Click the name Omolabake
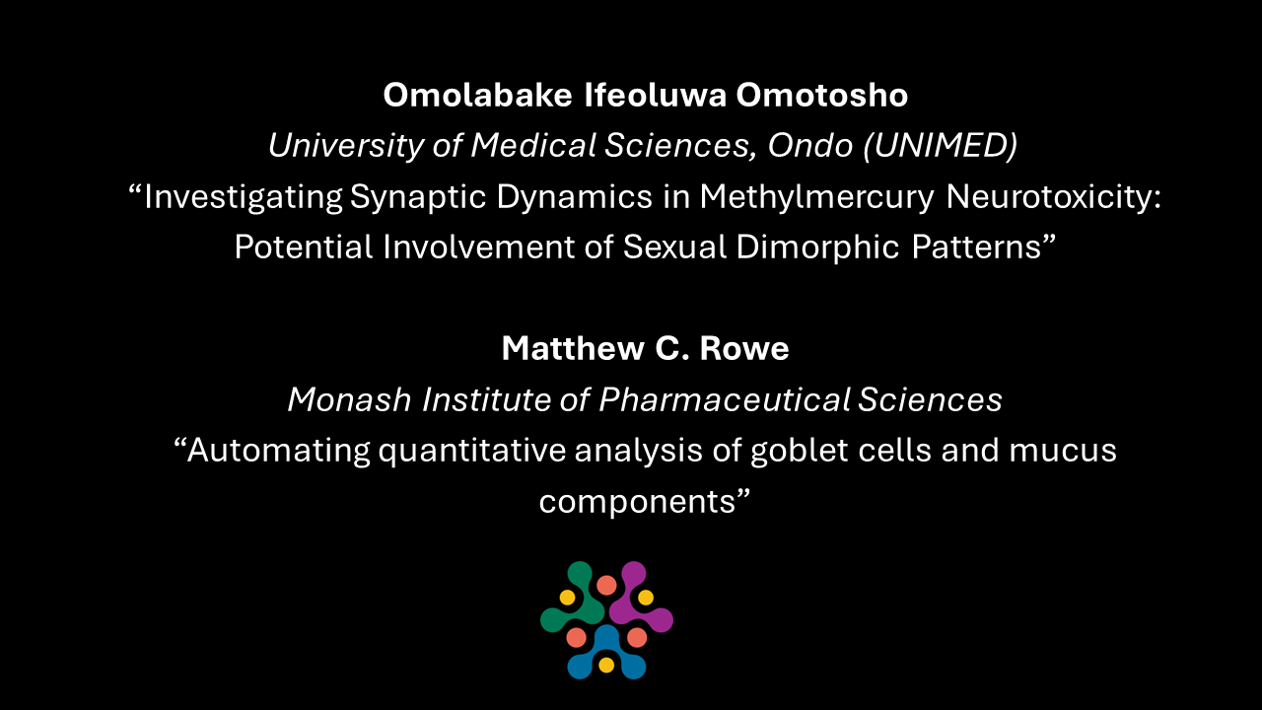tap(478, 95)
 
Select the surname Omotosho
tap(822, 95)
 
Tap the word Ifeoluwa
tap(656, 95)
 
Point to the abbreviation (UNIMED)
tap(941, 145)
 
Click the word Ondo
tap(810, 145)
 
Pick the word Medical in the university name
tap(533, 145)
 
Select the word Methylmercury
tap(817, 197)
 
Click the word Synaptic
tap(417, 197)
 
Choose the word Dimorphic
tap(817, 247)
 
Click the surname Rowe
tap(744, 348)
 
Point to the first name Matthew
tap(573, 348)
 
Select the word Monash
tap(349, 399)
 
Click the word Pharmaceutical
tap(725, 399)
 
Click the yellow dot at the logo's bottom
tap(606, 665)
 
